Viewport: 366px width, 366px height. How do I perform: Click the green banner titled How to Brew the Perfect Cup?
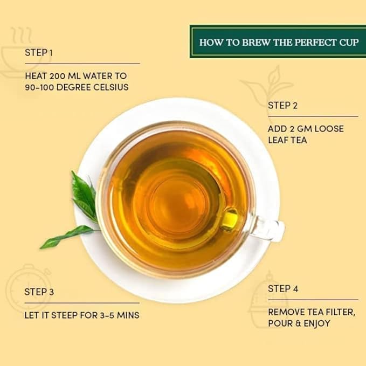pos(278,42)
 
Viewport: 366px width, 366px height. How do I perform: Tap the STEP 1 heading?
pos(39,53)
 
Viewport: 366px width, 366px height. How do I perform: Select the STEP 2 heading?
pos(282,106)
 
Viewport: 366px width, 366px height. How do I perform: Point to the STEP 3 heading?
pos(39,292)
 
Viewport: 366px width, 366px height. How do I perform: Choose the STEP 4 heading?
pos(283,289)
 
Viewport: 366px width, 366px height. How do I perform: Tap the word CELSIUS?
pos(110,86)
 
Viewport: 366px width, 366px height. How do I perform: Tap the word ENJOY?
pos(317,323)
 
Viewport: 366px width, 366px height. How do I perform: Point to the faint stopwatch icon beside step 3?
pos(27,286)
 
